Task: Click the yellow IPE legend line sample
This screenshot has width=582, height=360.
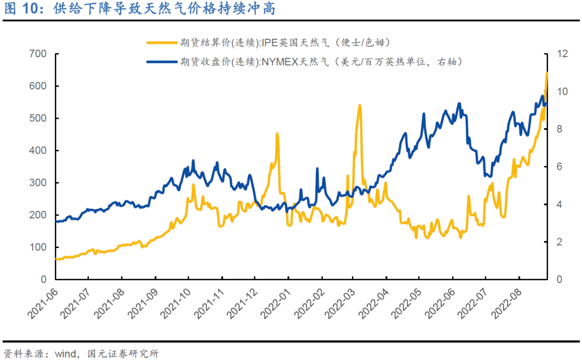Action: coord(162,42)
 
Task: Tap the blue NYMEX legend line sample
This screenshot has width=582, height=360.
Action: coord(162,61)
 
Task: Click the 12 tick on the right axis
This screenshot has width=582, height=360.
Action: coord(563,54)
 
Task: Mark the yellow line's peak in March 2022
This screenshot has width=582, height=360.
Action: coord(359,106)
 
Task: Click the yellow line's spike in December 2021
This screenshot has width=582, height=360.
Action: coord(277,134)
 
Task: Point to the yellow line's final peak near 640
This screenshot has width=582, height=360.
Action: coord(547,73)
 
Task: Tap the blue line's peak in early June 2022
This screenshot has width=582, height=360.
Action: coord(459,103)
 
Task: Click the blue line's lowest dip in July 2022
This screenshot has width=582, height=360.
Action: coord(488,176)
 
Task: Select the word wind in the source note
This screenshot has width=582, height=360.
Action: coord(63,354)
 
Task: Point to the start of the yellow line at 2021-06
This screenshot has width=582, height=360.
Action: coord(57,259)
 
